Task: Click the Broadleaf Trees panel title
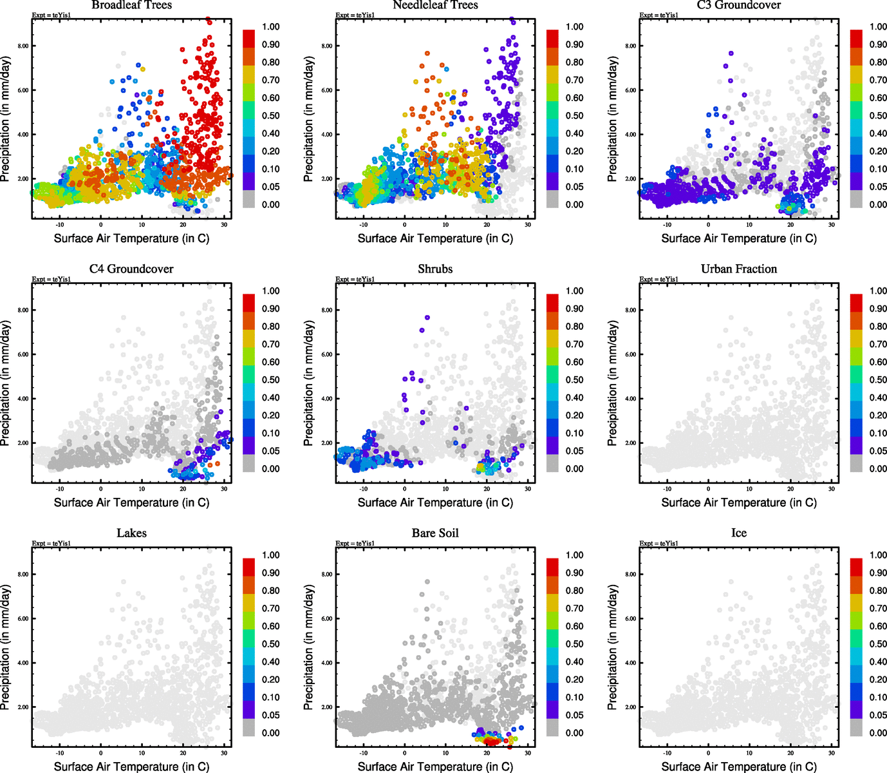131,5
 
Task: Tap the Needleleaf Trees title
435,5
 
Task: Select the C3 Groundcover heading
738,5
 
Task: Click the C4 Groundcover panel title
131,269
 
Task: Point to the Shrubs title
435,269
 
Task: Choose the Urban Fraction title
738,269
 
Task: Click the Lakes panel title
131,533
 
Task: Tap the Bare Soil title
435,533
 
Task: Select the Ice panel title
738,533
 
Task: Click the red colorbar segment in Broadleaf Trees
249,38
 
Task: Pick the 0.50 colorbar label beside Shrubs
574,380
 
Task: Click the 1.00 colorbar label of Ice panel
878,555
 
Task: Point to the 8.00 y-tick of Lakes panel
23,574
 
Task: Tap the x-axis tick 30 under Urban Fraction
832,489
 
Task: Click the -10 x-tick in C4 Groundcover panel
60,489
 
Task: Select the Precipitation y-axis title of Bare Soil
309,647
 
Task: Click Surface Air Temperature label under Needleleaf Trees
435,238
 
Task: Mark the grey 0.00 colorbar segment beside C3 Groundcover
856,199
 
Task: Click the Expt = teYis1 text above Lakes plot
51,544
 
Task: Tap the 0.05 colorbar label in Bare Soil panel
574,715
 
